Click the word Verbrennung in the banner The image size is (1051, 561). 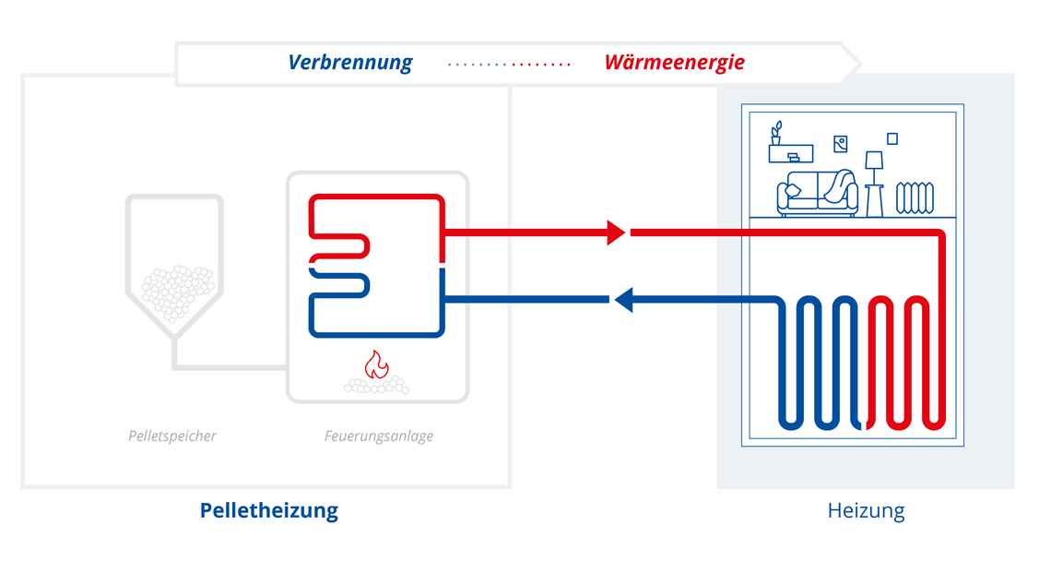(350, 63)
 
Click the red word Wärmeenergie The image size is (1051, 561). (674, 63)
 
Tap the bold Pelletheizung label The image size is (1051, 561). (269, 510)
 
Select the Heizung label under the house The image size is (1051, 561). (866, 510)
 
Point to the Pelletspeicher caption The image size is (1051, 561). (172, 436)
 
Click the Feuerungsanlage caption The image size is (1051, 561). (379, 436)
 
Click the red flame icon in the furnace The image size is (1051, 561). (377, 365)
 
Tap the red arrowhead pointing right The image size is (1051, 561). (616, 233)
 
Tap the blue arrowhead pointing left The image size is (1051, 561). (624, 299)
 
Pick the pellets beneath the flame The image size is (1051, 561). (377, 386)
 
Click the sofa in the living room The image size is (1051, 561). (817, 193)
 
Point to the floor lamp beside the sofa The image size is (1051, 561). (874, 184)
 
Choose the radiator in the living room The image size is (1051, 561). (915, 197)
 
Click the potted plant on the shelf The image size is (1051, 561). (776, 133)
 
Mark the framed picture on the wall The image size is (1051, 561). (841, 144)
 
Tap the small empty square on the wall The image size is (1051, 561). (892, 139)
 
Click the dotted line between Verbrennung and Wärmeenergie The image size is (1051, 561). (509, 65)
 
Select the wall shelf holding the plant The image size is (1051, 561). (791, 154)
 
